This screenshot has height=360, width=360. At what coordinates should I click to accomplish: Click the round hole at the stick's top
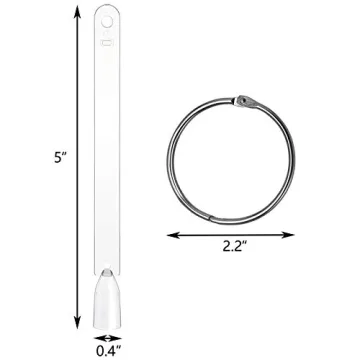click(107, 17)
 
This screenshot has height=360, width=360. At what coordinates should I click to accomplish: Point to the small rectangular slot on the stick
click(107, 42)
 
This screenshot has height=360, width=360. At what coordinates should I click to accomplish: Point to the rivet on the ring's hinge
click(245, 100)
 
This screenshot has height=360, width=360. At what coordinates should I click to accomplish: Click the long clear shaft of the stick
click(107, 160)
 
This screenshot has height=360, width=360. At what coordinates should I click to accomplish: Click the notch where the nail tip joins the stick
click(107, 270)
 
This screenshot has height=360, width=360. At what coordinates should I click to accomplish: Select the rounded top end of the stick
click(107, 8)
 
